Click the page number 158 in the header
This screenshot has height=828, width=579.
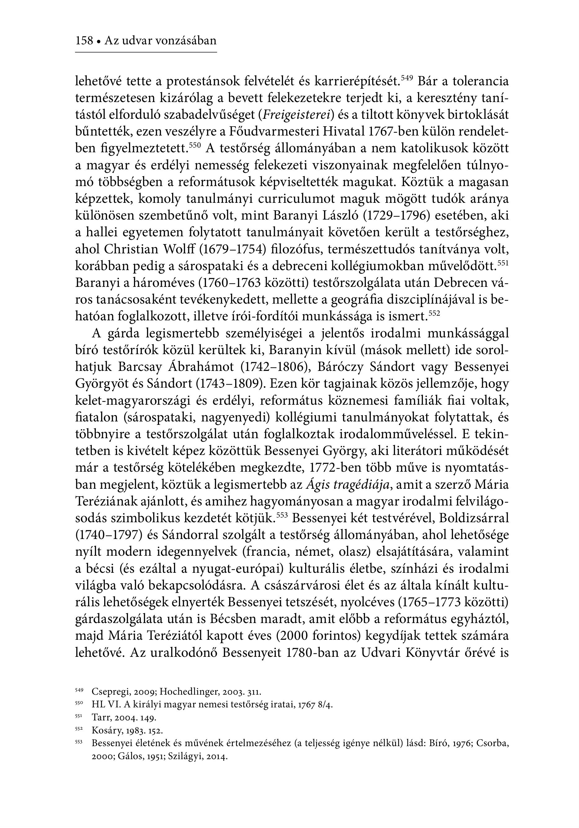click(x=84, y=40)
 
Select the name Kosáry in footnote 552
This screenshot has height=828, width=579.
click(x=104, y=731)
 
